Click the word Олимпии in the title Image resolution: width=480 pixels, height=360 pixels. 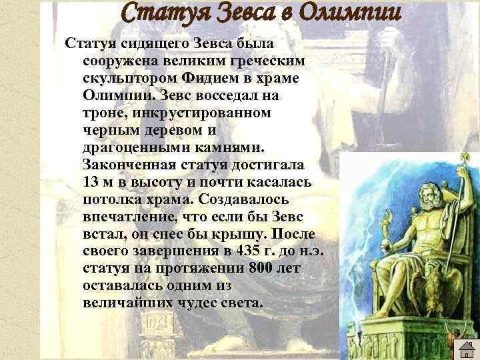click(350, 13)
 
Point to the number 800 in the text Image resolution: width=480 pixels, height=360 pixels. click(261, 268)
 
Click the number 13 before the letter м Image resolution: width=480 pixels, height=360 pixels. click(91, 182)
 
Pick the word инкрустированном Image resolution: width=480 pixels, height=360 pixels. click(202, 113)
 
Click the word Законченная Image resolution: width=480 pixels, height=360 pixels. click(129, 165)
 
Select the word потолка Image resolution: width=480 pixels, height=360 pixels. click(113, 199)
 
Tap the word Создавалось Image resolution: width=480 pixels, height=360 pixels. click(243, 199)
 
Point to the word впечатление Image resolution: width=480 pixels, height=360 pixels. click(131, 217)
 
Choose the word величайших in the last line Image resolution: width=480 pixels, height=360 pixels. click(128, 303)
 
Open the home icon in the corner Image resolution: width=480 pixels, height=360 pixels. click(467, 349)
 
